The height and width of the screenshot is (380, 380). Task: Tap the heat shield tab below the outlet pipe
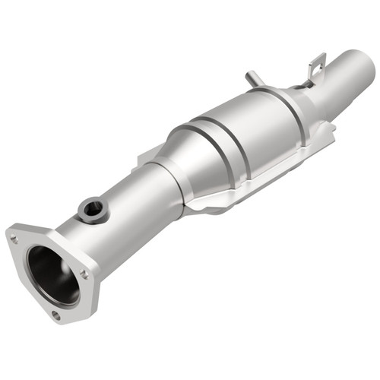tap(323, 137)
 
